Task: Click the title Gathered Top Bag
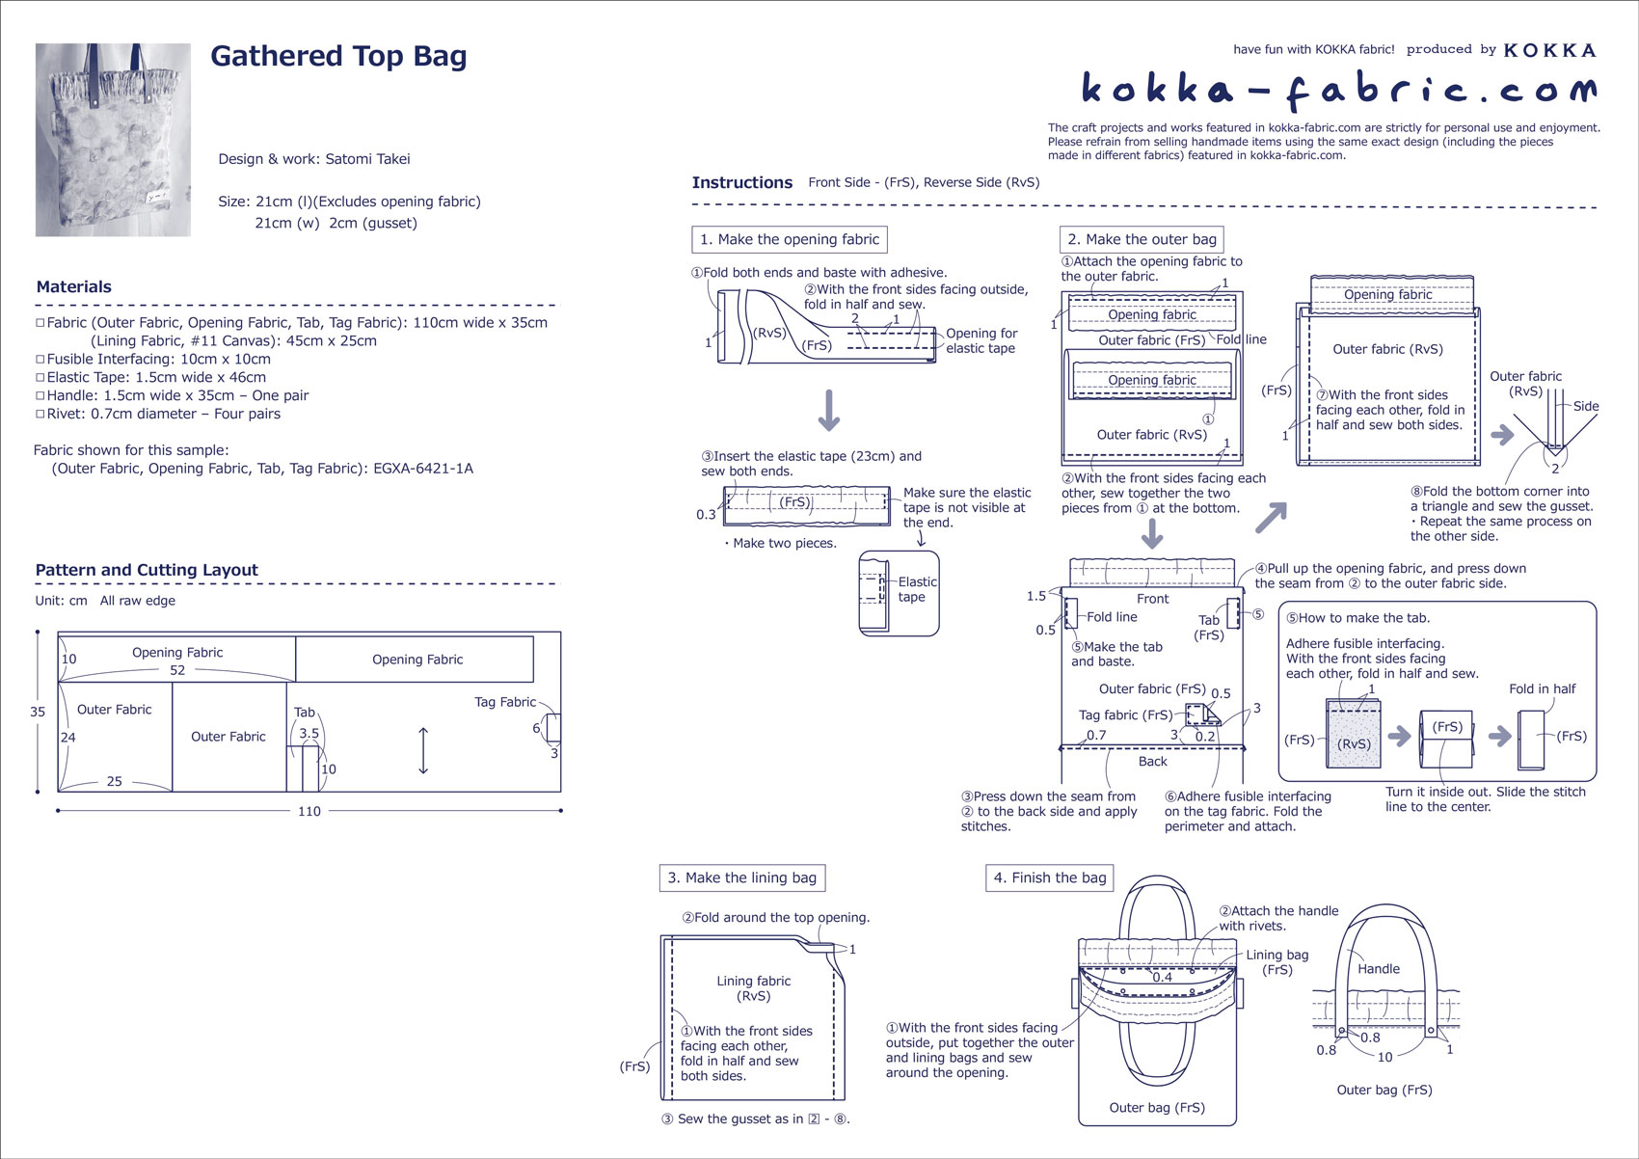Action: click(x=338, y=57)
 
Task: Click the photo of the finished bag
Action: click(x=113, y=140)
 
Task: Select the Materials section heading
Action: click(x=73, y=286)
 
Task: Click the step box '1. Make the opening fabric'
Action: click(x=789, y=239)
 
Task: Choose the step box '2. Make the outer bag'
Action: click(x=1142, y=239)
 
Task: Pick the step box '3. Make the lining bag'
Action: click(x=741, y=877)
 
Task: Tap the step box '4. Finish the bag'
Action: click(x=1049, y=877)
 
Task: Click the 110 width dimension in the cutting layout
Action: click(x=309, y=811)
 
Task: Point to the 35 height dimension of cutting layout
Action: click(x=38, y=712)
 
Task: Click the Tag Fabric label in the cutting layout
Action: click(x=504, y=702)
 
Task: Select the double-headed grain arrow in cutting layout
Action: click(x=423, y=750)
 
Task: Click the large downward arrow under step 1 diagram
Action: click(x=828, y=410)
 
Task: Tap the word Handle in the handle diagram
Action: click(x=1379, y=969)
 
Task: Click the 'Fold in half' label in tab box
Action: click(x=1542, y=688)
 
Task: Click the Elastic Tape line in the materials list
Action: click(x=156, y=377)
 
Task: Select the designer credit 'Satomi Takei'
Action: click(x=367, y=159)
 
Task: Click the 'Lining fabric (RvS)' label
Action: click(x=753, y=987)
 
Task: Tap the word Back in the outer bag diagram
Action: click(x=1152, y=761)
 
